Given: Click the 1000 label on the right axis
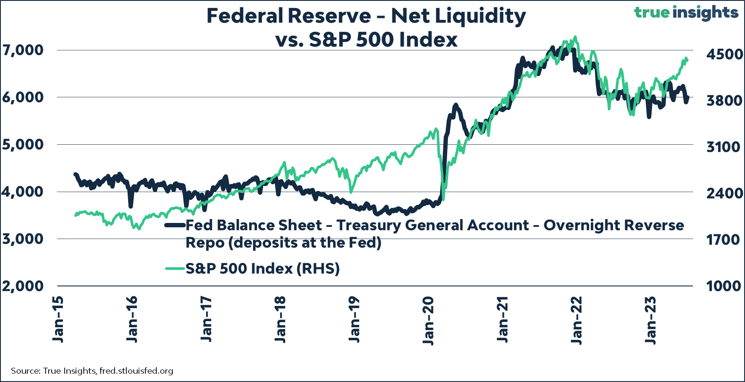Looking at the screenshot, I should click(x=723, y=286).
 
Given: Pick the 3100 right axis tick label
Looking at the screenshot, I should click(x=723, y=147).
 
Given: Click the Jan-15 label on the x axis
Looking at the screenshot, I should click(x=58, y=319).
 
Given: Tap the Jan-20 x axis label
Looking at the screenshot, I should click(x=429, y=321).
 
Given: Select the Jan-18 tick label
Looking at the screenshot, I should click(x=280, y=319).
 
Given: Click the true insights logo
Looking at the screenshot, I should click(x=686, y=12).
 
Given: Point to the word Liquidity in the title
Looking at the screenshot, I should click(x=480, y=16).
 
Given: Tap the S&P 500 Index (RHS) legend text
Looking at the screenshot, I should click(x=263, y=269).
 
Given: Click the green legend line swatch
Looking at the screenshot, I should click(x=175, y=269).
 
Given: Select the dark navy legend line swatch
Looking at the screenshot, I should click(x=175, y=225).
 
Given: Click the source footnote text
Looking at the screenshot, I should click(x=92, y=371).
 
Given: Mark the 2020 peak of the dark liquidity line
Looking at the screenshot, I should click(x=455, y=105).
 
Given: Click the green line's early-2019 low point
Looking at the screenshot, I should click(x=351, y=192).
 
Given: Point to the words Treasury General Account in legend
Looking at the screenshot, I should click(x=433, y=225).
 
